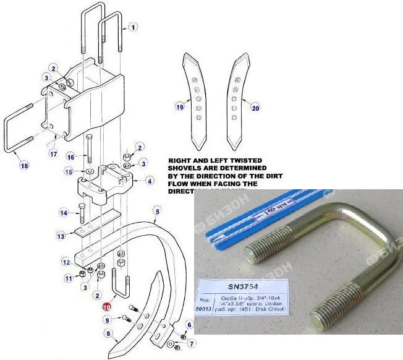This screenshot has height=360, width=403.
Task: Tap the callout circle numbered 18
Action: (24, 166)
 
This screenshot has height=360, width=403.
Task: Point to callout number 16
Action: (70, 156)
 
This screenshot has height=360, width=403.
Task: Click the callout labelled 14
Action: (63, 213)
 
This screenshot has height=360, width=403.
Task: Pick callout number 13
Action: (61, 236)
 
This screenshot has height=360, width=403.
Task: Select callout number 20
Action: (256, 107)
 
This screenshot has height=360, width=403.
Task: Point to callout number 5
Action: (157, 212)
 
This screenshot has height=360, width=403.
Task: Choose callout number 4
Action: (150, 181)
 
